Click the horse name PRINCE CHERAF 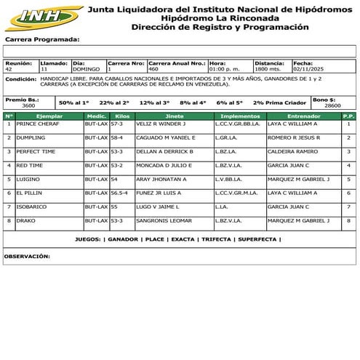pyautogui.click(x=38, y=124)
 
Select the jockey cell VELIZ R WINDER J pyautogui.click(x=161, y=124)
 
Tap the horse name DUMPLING pyautogui.click(x=31, y=137)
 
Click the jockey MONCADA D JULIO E pyautogui.click(x=164, y=165)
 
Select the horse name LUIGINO pyautogui.click(x=28, y=179)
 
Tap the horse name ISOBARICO pyautogui.click(x=32, y=207)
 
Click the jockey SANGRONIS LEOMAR pyautogui.click(x=164, y=220)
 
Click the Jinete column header pyautogui.click(x=175, y=116)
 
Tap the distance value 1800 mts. pyautogui.click(x=268, y=68)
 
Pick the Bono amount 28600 pyautogui.click(x=332, y=105)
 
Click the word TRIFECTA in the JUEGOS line pyautogui.click(x=216, y=239)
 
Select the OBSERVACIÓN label pyautogui.click(x=27, y=257)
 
